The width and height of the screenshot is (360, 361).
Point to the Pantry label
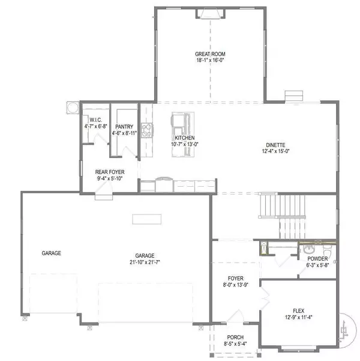124,126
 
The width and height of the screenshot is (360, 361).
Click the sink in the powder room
308,248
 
